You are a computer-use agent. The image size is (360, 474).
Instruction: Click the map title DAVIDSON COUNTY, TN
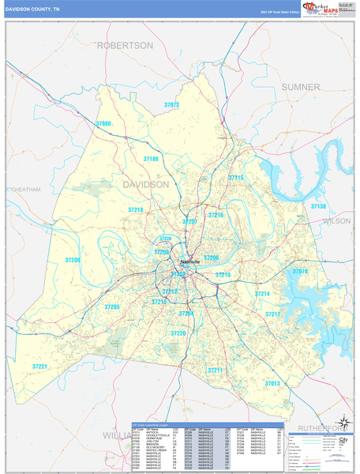coord(35,9)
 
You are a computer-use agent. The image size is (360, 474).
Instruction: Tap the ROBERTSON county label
coord(125,46)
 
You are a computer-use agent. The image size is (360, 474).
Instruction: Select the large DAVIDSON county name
coord(145,184)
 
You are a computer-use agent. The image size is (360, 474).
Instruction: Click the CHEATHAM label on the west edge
coord(24,190)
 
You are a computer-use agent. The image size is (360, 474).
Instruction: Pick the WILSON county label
coord(336,221)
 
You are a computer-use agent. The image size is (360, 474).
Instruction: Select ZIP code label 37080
coord(103,124)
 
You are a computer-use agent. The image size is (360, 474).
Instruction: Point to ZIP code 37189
coord(151,159)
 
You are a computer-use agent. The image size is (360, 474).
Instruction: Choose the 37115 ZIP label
coord(235,178)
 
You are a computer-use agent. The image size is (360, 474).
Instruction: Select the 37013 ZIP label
coord(272,383)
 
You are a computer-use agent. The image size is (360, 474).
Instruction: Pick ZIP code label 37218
coord(136,210)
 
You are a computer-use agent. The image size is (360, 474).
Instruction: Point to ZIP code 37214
coord(262,294)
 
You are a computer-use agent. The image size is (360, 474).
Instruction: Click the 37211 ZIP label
coord(215,370)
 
